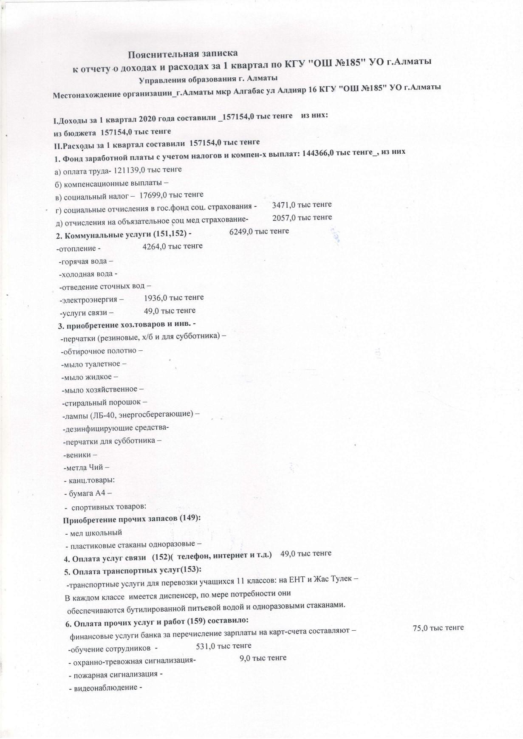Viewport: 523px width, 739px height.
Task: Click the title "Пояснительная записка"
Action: (183, 54)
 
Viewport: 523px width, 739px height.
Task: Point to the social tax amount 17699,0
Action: (154, 195)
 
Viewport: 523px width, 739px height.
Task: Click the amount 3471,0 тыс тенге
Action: (302, 204)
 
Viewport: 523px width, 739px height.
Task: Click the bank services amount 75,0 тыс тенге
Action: (438, 628)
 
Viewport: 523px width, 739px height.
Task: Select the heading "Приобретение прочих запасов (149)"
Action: (132, 519)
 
